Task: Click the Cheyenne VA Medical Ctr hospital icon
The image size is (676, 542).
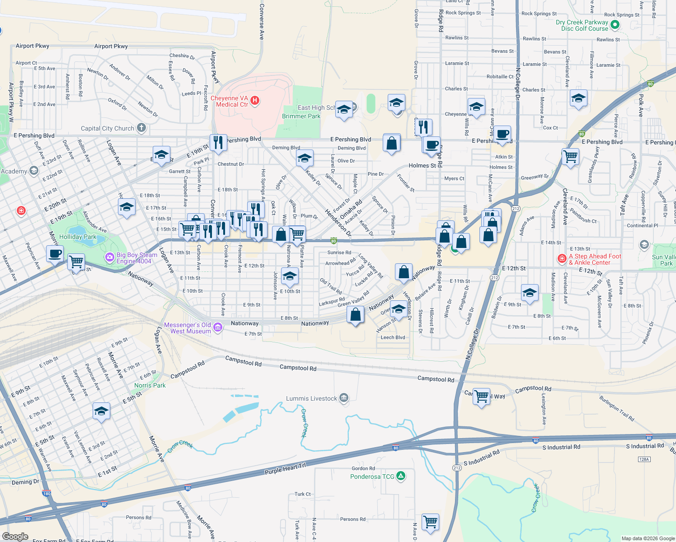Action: point(255,100)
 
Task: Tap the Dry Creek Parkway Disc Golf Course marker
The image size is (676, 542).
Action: point(615,25)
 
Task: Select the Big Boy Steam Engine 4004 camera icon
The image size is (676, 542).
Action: point(109,257)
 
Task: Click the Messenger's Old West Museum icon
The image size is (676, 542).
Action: point(217,327)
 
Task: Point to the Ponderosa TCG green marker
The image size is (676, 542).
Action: point(400,476)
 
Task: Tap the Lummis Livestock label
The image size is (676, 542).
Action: point(311,398)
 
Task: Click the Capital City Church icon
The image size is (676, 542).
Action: point(141,128)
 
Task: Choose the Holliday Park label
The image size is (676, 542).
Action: point(78,237)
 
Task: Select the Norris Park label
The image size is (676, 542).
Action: point(150,385)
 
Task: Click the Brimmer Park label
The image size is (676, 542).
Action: point(301,116)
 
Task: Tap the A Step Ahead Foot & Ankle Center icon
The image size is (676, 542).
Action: point(562,259)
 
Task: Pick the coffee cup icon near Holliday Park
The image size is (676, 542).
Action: point(55,253)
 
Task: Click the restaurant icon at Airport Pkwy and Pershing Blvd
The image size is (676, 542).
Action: point(218,142)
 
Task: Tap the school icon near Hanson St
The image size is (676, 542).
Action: point(398,308)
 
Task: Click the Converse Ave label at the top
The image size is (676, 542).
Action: point(262,22)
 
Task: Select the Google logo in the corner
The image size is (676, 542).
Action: point(15,537)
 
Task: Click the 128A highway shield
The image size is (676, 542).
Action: point(644,459)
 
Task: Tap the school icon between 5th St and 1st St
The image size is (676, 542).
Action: point(101,411)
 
